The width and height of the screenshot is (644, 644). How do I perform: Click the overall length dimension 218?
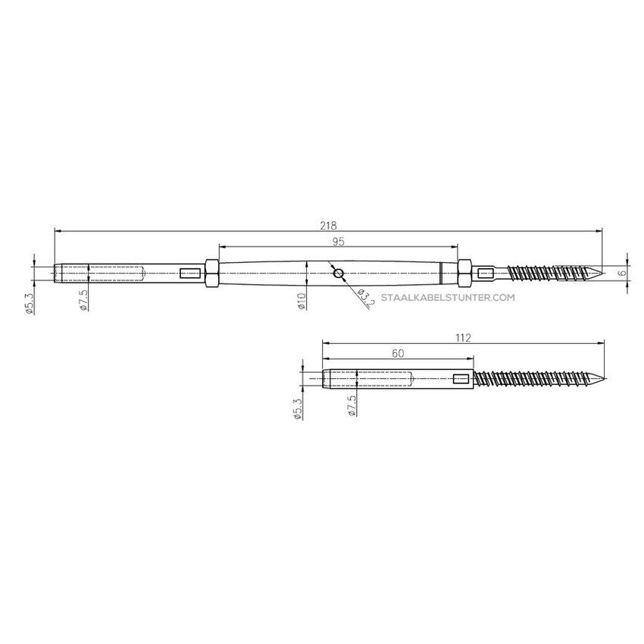coord(328,225)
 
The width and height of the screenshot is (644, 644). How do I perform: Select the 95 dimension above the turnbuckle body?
coord(338,242)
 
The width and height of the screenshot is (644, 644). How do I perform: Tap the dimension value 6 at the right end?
coord(621,272)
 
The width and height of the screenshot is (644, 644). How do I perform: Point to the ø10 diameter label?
coord(300,302)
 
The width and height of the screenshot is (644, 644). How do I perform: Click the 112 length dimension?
coord(464,339)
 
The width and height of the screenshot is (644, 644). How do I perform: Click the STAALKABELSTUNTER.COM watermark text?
coord(449,299)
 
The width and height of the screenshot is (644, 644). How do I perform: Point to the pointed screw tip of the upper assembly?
coord(599,272)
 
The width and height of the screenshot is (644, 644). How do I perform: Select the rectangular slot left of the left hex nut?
coord(188,272)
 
